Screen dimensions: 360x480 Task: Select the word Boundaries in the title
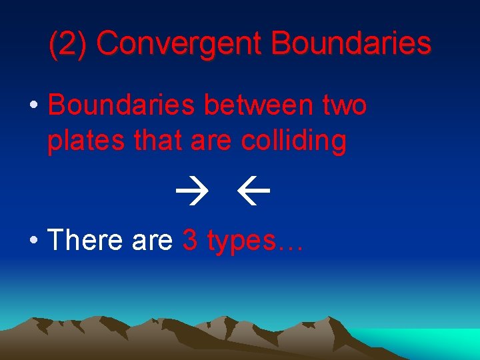351,44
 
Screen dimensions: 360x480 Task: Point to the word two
344,105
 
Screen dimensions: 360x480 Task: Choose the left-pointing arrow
253,194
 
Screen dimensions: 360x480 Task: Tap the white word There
86,240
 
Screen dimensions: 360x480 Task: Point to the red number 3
190,240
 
